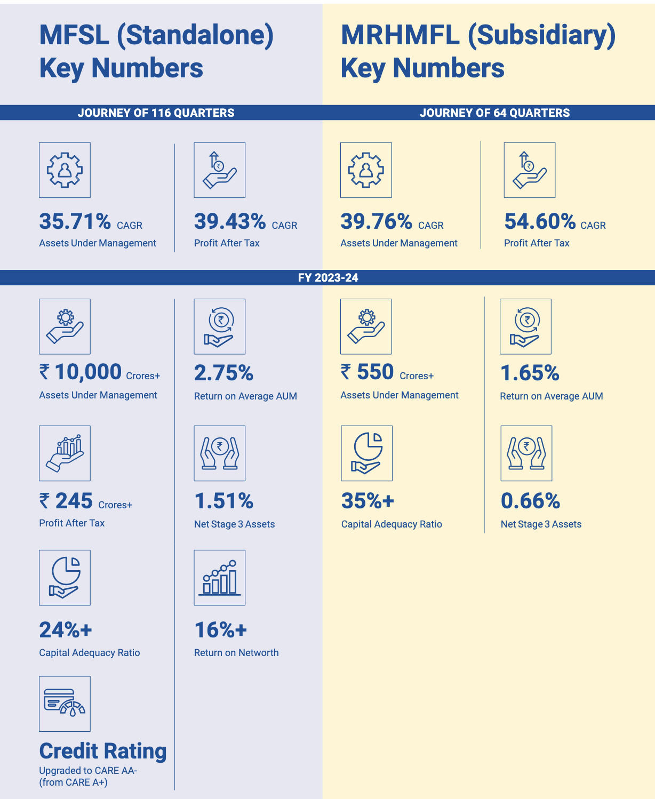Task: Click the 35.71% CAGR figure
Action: pyautogui.click(x=75, y=221)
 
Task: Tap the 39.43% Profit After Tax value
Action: pyautogui.click(x=230, y=221)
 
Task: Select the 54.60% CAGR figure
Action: pyautogui.click(x=540, y=221)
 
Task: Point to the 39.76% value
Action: pyautogui.click(x=376, y=221)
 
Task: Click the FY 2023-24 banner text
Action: pyautogui.click(x=328, y=278)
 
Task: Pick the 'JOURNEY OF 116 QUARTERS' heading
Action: pyautogui.click(x=156, y=113)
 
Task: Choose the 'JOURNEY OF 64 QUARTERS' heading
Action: pyautogui.click(x=494, y=113)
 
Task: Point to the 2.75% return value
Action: pyautogui.click(x=223, y=373)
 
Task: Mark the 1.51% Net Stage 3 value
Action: pyautogui.click(x=223, y=501)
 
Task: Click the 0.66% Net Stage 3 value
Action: pyautogui.click(x=530, y=501)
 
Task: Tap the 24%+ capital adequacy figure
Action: pyautogui.click(x=65, y=630)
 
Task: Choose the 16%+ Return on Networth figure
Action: pyautogui.click(x=220, y=630)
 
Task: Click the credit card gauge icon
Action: pyautogui.click(x=65, y=704)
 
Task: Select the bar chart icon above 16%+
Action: pyautogui.click(x=220, y=578)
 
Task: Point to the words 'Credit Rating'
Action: pyautogui.click(x=103, y=751)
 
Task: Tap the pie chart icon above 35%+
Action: pyautogui.click(x=366, y=453)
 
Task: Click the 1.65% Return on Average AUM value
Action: pyautogui.click(x=530, y=373)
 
